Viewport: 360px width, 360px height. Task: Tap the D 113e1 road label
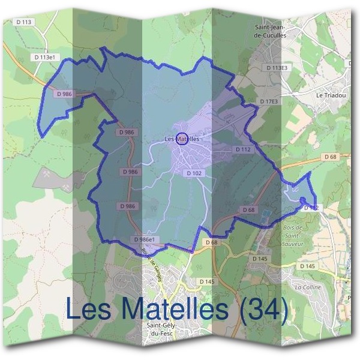(45, 57)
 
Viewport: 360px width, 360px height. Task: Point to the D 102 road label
(194, 173)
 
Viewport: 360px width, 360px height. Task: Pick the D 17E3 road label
(269, 101)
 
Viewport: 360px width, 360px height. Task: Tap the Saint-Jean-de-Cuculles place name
(273, 32)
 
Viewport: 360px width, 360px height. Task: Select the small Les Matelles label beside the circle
(181, 139)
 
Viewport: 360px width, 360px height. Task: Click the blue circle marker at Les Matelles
(183, 139)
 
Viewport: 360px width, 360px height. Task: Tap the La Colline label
(308, 287)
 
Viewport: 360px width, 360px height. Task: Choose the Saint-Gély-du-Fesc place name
(161, 329)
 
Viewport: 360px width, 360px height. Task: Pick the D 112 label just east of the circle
(243, 149)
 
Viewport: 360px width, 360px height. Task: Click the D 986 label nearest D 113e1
(64, 94)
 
